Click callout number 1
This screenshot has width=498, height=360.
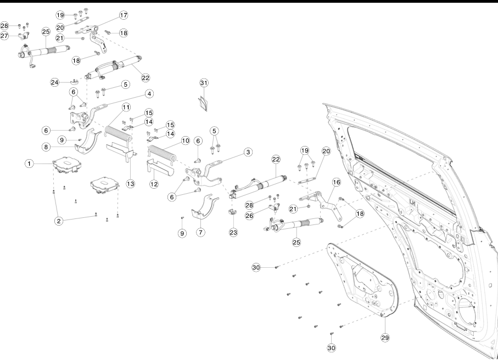(x=27, y=164)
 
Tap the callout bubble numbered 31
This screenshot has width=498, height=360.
(x=204, y=82)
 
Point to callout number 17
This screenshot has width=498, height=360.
(x=124, y=15)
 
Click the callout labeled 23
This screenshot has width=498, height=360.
(x=233, y=232)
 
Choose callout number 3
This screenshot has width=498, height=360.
(x=248, y=151)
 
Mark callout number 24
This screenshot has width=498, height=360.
(x=55, y=82)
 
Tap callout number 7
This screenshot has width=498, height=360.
(x=201, y=232)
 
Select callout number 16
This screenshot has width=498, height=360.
(x=336, y=182)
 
